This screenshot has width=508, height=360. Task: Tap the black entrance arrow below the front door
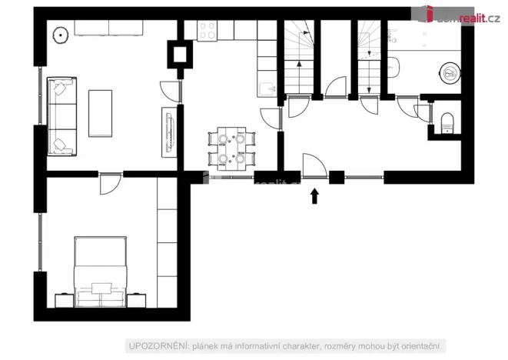click(314, 197)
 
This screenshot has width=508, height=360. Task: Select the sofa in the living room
click(61, 115)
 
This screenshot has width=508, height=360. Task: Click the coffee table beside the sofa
click(100, 113)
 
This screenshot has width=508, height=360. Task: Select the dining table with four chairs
click(231, 148)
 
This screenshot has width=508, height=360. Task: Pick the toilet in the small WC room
click(448, 119)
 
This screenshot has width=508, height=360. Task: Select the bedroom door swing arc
click(111, 184)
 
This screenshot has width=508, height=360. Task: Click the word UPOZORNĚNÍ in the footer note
click(151, 345)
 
